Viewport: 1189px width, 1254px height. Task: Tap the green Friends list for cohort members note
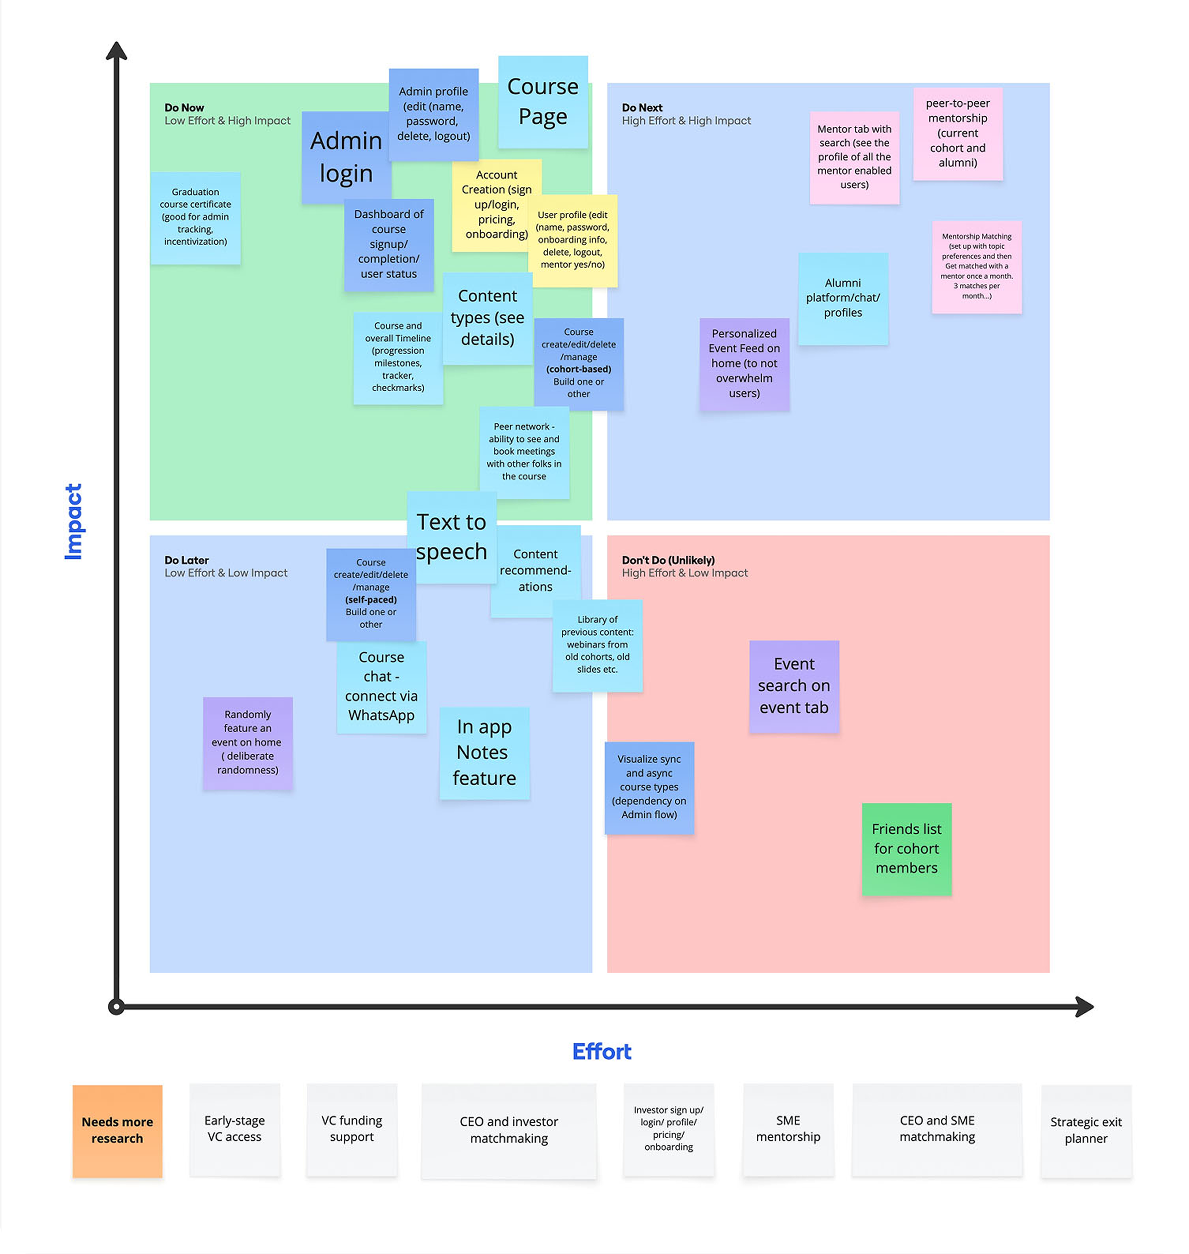(x=906, y=848)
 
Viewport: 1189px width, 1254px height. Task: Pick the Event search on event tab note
(x=793, y=686)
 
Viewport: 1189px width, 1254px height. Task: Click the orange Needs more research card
(x=117, y=1130)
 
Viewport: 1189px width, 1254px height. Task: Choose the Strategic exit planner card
(x=1086, y=1130)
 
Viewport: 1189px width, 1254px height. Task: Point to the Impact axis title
(x=73, y=521)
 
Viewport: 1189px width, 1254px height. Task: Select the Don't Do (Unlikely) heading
(x=668, y=560)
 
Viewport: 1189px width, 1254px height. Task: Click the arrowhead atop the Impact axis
(x=116, y=51)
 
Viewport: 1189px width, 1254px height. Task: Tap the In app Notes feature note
(x=484, y=753)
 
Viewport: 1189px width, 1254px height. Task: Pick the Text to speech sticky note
(x=451, y=536)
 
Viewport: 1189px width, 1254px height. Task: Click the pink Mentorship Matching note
(x=976, y=266)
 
